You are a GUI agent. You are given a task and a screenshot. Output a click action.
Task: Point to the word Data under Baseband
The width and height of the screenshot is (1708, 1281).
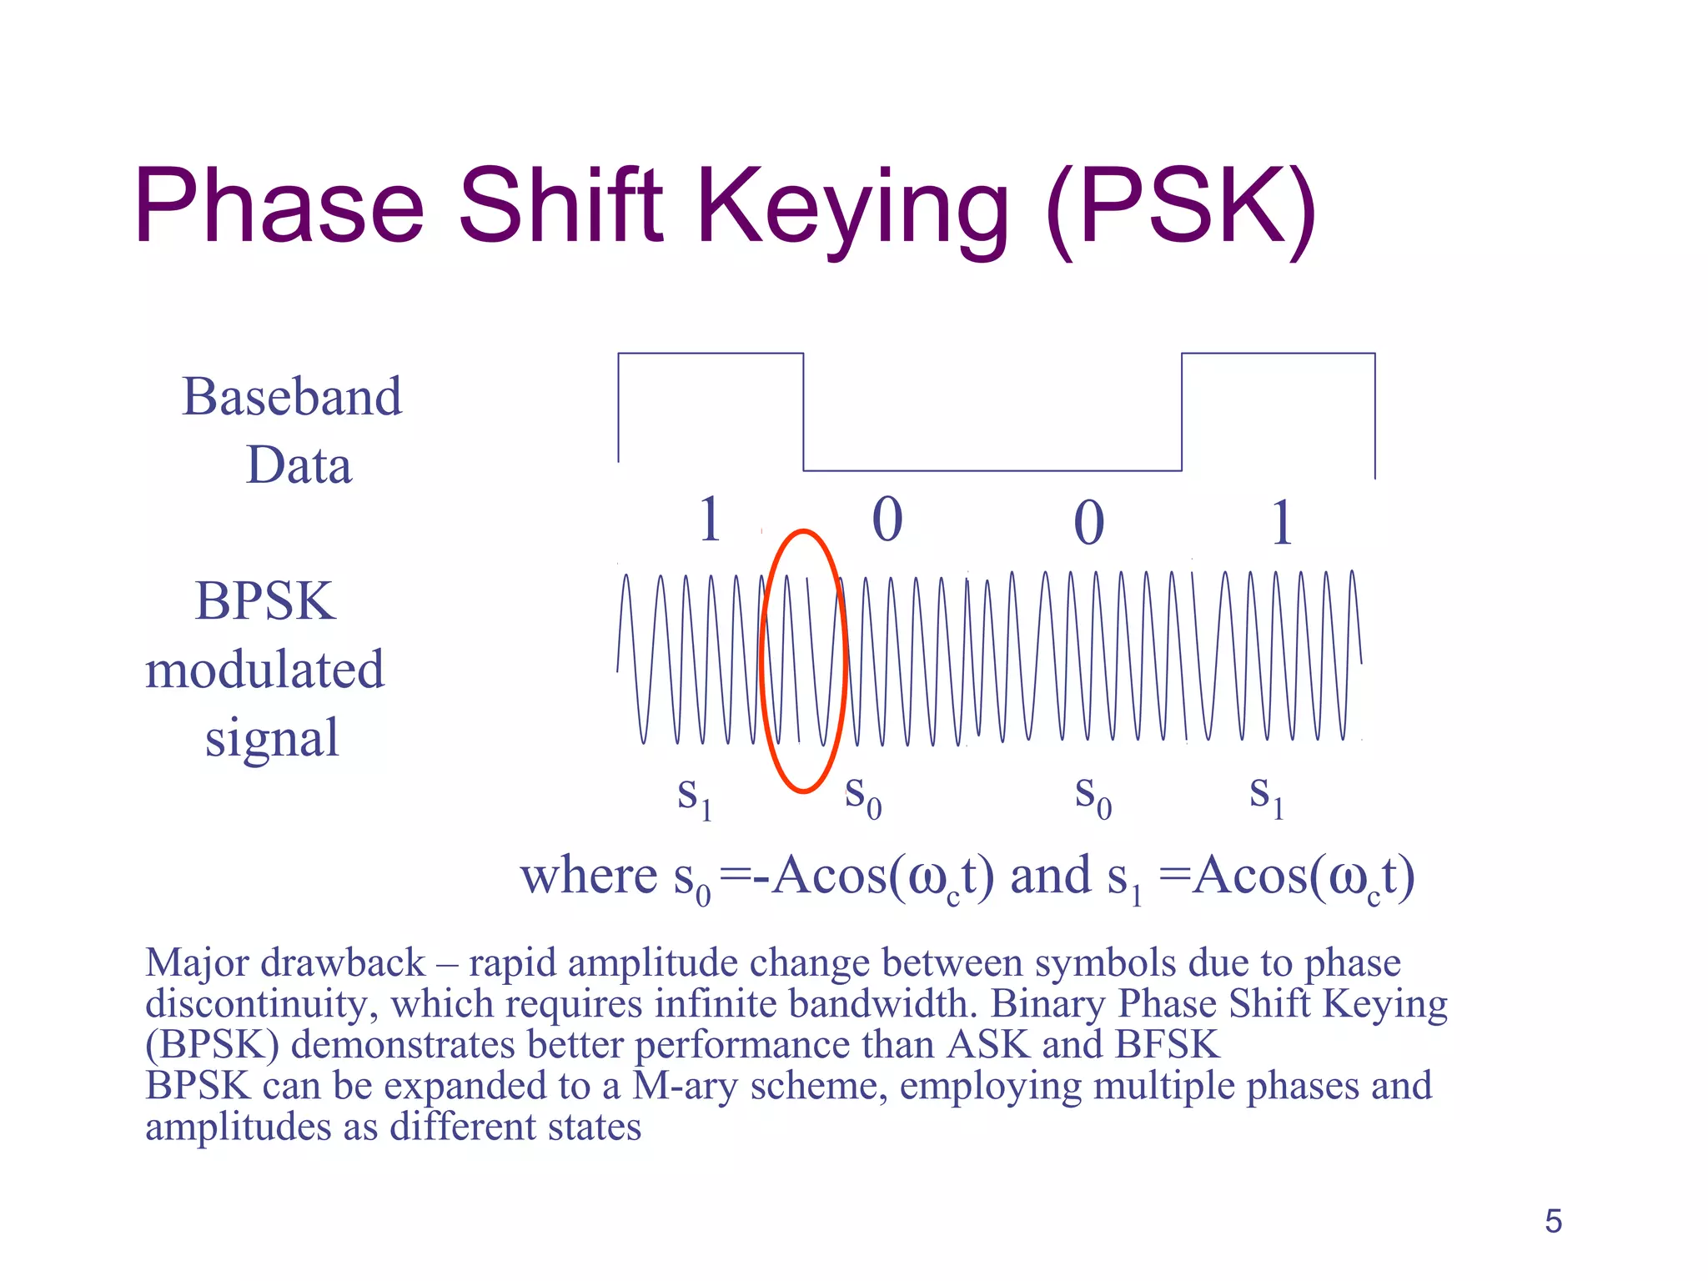[299, 465]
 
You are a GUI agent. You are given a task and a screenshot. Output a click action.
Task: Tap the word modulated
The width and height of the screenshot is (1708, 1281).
[265, 670]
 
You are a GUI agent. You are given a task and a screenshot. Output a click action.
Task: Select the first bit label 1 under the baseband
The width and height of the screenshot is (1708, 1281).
[709, 519]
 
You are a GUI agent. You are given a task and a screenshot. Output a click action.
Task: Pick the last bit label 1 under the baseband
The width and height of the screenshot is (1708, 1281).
[1282, 523]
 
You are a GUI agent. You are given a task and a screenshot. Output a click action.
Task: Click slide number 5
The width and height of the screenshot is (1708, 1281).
[1553, 1221]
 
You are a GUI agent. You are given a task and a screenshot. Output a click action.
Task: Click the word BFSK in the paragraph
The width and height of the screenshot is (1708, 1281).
[1167, 1045]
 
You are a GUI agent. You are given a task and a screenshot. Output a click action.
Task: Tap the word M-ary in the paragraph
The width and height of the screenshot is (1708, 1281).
[685, 1087]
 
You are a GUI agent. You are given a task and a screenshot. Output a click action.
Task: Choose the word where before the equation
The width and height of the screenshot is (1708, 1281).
[589, 876]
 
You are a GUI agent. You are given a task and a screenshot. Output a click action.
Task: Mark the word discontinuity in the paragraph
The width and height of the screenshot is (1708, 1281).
[255, 1004]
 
